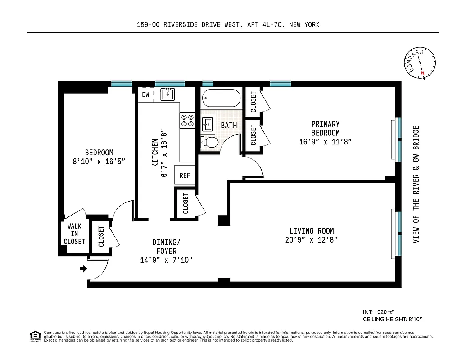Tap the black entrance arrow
tap(83, 269)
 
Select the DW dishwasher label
tap(145, 95)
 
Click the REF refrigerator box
tap(185, 175)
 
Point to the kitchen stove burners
tap(187, 120)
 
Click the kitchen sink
tap(168, 94)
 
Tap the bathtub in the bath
tap(221, 98)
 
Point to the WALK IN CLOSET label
tap(74, 234)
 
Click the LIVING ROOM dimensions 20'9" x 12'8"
tap(312, 240)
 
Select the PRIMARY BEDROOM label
tap(325, 128)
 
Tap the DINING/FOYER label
tap(166, 247)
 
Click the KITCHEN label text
tap(155, 153)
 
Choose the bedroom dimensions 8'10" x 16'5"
tap(99, 161)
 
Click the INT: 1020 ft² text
tap(381, 311)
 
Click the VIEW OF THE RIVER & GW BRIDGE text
tap(416, 184)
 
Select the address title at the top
tap(228, 25)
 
